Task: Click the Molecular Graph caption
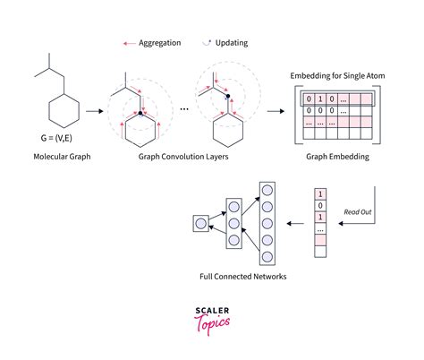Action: tap(61, 157)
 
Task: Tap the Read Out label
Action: tap(358, 212)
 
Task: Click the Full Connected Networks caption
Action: tap(244, 277)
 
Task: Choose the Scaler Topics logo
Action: tap(211, 319)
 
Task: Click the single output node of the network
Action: tap(200, 222)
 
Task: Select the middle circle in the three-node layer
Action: tap(234, 221)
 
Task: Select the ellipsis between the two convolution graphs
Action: tap(183, 108)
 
